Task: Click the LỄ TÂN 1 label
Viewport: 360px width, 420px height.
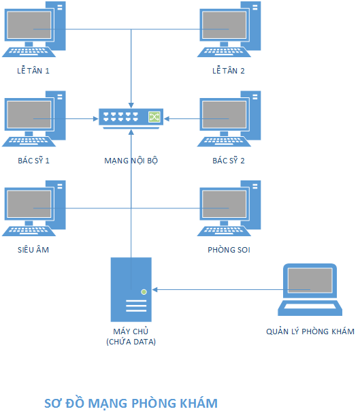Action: pyautogui.click(x=33, y=71)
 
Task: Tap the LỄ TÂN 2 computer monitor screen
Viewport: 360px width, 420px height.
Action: pyautogui.click(x=224, y=25)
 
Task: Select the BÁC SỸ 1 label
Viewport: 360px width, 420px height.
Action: pyautogui.click(x=33, y=161)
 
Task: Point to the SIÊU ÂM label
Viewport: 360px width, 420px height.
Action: pyautogui.click(x=33, y=250)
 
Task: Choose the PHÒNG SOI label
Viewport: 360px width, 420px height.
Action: pyautogui.click(x=229, y=250)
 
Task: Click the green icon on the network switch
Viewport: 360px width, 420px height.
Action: pyautogui.click(x=154, y=117)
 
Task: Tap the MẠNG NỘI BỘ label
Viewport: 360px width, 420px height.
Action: pyautogui.click(x=131, y=161)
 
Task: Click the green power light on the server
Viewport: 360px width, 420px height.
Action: pyautogui.click(x=144, y=292)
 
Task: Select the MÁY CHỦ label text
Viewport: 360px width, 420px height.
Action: pyautogui.click(x=131, y=332)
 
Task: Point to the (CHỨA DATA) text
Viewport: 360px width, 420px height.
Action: pyautogui.click(x=131, y=342)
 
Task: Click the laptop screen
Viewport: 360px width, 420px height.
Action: pyautogui.click(x=310, y=280)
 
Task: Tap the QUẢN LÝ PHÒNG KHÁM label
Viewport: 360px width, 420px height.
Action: pyautogui.click(x=310, y=332)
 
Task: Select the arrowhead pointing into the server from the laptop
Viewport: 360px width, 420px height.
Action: pyautogui.click(x=155, y=289)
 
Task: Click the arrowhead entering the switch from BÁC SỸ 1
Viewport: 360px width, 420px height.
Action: pyautogui.click(x=96, y=118)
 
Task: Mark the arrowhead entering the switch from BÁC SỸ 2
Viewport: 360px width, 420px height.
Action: pyautogui.click(x=167, y=118)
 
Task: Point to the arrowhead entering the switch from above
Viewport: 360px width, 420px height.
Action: pyautogui.click(x=131, y=106)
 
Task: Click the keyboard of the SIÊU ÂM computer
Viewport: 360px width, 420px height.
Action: pyautogui.click(x=29, y=231)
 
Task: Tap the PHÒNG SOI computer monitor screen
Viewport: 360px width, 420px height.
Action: pyautogui.click(x=224, y=204)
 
